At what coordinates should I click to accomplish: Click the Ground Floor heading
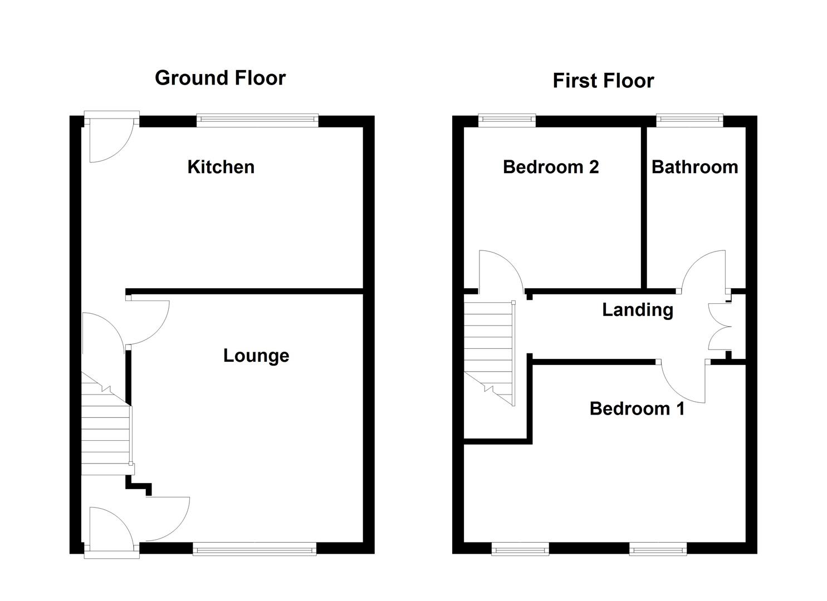coord(220,78)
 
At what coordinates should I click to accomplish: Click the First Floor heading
coord(603,81)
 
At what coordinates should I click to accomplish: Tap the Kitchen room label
coord(221,167)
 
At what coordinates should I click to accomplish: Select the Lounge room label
coord(256,356)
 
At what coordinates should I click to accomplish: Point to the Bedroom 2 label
coord(550,167)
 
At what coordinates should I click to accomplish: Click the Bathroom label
coord(694,167)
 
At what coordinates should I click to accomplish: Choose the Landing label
coord(637,310)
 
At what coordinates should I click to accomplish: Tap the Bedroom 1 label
coord(637,409)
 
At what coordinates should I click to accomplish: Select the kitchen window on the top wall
coord(257,120)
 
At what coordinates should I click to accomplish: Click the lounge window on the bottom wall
coord(255,550)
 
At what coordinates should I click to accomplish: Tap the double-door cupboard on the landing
coord(720,326)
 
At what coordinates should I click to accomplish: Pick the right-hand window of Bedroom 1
coord(658,550)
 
